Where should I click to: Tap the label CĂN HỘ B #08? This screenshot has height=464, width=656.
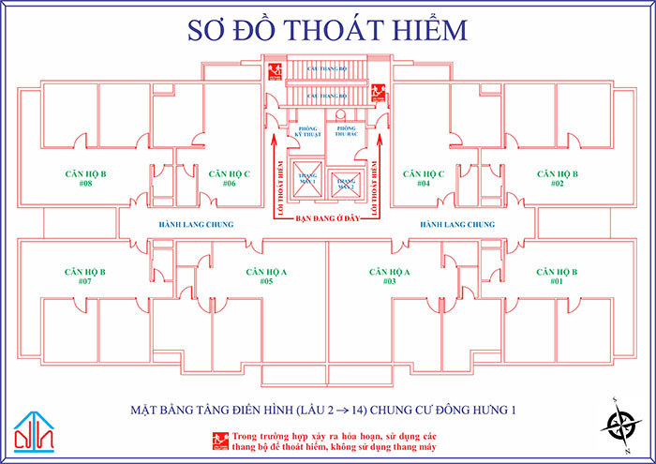point(85,178)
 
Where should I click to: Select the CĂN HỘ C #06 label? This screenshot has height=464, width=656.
point(229,178)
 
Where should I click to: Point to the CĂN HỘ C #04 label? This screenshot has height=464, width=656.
point(423,178)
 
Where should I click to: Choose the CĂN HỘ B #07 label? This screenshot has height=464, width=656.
point(85,276)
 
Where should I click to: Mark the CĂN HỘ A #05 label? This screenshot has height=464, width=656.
point(266,276)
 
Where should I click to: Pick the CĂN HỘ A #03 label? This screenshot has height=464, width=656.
point(390,276)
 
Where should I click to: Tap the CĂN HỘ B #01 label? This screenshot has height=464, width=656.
point(557,276)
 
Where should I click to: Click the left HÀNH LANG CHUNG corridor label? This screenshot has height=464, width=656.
point(196,225)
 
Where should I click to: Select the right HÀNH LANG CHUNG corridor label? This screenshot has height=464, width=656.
point(456,225)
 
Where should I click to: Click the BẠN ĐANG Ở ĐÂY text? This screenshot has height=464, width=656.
point(327,217)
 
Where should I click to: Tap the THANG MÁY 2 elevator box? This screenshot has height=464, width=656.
point(345,182)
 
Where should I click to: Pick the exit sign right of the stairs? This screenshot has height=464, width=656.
point(380,91)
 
